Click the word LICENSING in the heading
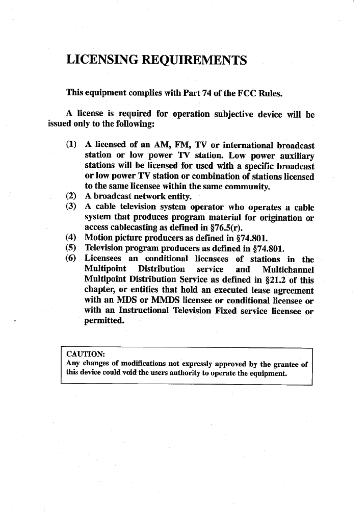(x=102, y=60)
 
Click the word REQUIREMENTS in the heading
(x=194, y=60)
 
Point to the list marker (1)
(x=71, y=144)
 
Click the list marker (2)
(x=71, y=196)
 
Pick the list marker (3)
(x=71, y=206)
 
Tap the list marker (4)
(x=71, y=238)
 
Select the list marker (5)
(x=71, y=248)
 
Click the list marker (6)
(x=71, y=258)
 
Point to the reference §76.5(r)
(x=226, y=228)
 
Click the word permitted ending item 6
(x=104, y=321)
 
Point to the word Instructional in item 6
(x=144, y=311)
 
